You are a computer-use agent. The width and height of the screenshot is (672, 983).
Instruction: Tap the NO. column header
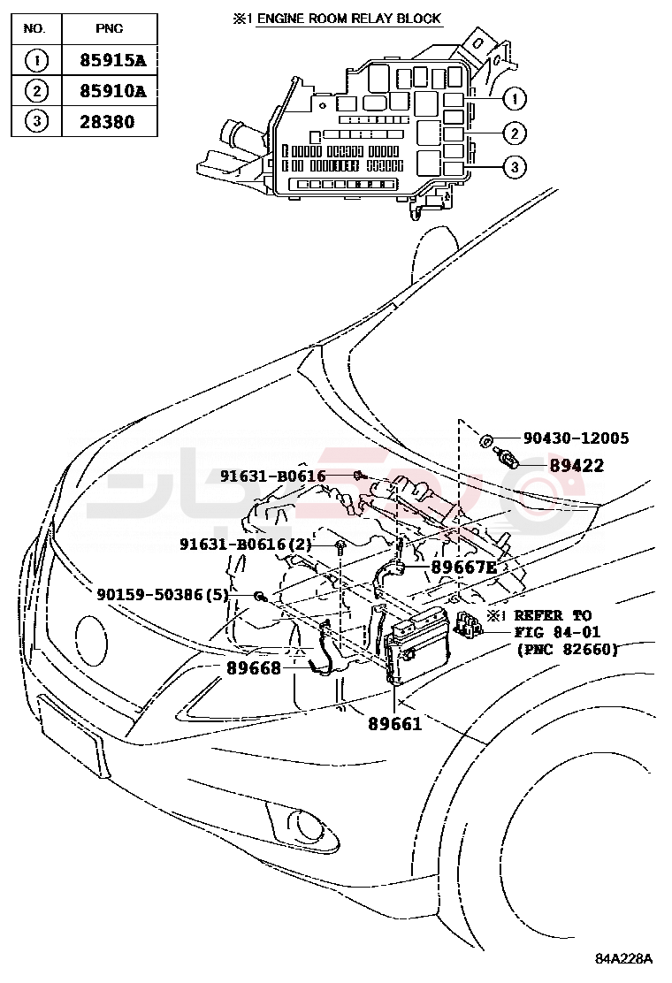click(34, 28)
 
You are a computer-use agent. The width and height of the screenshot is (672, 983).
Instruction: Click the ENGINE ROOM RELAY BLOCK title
click(348, 19)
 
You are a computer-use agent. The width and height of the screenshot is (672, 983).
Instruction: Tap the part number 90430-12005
click(576, 438)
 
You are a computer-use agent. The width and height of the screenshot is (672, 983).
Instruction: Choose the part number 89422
click(576, 466)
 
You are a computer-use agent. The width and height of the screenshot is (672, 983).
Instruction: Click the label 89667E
click(463, 568)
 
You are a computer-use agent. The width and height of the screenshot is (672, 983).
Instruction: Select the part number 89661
click(394, 723)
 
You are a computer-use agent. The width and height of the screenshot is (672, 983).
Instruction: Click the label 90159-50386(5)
click(163, 596)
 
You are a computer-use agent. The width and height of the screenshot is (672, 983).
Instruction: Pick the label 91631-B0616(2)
click(245, 545)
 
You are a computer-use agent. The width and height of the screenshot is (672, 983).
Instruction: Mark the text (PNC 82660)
click(567, 649)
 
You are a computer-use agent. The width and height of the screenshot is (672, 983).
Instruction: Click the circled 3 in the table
click(34, 122)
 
